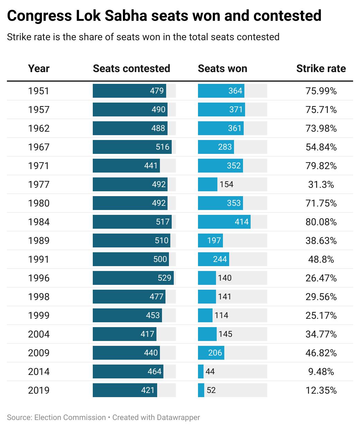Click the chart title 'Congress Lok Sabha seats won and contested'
[164, 16]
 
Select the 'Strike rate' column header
[321, 69]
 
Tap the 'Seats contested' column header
[132, 69]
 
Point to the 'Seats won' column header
[223, 69]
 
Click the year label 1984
[39, 222]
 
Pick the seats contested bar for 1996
[133, 278]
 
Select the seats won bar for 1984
[224, 222]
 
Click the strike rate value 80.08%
[321, 222]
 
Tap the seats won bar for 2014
[201, 371]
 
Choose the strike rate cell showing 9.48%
[321, 371]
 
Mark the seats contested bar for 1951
[129, 91]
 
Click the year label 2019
[39, 390]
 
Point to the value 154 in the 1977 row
[226, 184]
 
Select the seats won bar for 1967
[216, 147]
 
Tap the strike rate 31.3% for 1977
[321, 184]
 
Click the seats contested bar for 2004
[125, 334]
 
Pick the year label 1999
[39, 315]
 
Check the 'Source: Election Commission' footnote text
[56, 418]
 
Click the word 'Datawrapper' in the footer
[178, 418]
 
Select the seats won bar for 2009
[211, 353]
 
